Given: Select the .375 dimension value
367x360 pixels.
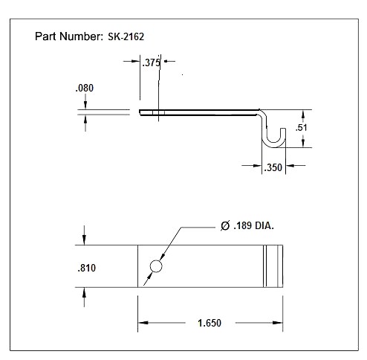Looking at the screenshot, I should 151,63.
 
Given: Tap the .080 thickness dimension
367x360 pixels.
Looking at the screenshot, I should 85,88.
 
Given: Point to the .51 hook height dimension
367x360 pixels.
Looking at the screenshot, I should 301,128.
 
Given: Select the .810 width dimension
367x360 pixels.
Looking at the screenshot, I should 85,267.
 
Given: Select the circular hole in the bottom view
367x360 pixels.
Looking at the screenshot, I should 157,266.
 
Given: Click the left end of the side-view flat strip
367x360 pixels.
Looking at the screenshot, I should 141,113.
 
